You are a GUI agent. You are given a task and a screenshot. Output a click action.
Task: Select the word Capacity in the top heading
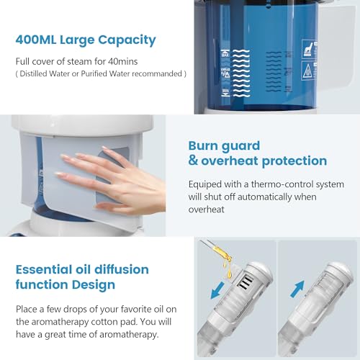[127, 40]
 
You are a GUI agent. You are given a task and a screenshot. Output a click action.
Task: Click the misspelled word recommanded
[156, 73]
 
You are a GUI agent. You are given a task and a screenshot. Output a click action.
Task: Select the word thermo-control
[268, 184]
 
